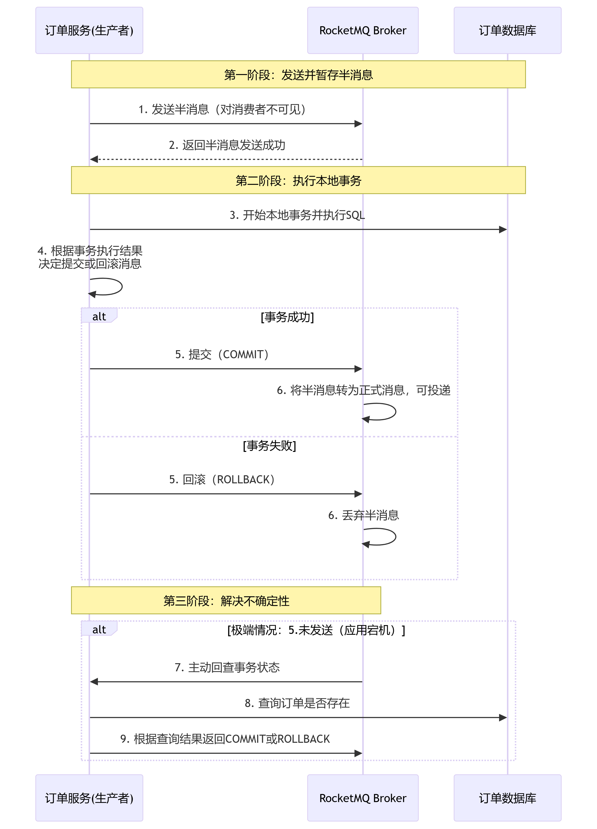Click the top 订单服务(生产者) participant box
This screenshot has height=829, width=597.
tap(89, 30)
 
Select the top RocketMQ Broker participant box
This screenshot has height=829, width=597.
tap(363, 30)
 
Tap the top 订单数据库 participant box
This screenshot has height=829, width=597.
tap(507, 30)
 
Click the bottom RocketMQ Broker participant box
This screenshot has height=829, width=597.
tap(363, 798)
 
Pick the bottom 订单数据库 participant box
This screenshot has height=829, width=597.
tap(507, 798)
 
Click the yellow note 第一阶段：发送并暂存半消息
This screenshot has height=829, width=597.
tap(298, 75)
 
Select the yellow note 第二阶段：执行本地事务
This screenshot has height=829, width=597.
tap(298, 180)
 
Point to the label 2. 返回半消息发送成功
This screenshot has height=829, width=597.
tap(227, 145)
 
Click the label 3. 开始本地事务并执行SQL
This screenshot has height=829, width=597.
tap(297, 215)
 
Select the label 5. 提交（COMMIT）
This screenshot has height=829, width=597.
tap(222, 354)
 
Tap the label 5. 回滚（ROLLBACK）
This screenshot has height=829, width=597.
tap(222, 479)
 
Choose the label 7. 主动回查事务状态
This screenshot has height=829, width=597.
tap(227, 667)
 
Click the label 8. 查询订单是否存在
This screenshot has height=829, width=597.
tap(297, 703)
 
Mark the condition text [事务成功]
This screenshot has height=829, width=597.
tap(287, 317)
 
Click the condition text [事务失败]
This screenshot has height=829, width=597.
tap(269, 445)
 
